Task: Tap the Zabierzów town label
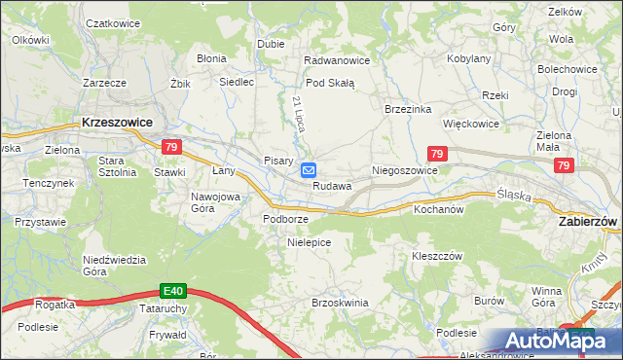point(588,222)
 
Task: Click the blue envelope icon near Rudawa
point(308,170)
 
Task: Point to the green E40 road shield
point(173,290)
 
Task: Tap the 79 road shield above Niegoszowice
point(437,154)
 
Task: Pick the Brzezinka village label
point(408,110)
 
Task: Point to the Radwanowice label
point(337,60)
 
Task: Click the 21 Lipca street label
point(299,115)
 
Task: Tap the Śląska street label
point(513,195)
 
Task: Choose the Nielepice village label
point(310,242)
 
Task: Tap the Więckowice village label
point(471,125)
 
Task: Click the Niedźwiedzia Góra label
point(114,266)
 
